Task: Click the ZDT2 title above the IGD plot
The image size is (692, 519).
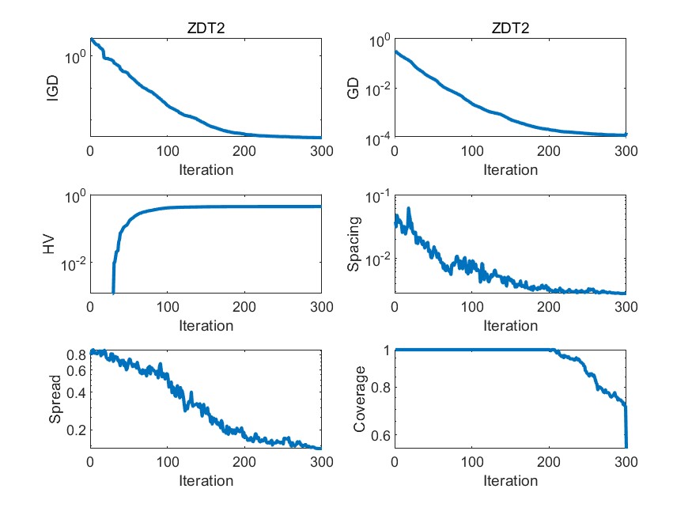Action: click(x=206, y=28)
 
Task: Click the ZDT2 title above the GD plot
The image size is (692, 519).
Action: click(x=510, y=28)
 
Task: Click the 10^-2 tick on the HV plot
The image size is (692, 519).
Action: click(x=70, y=263)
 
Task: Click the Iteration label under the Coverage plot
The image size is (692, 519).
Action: click(x=510, y=480)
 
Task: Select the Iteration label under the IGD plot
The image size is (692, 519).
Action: click(x=206, y=169)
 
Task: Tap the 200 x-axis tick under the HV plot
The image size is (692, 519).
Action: click(x=244, y=307)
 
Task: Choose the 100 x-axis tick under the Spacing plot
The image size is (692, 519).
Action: click(x=471, y=307)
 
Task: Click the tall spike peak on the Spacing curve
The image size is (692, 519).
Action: click(x=409, y=209)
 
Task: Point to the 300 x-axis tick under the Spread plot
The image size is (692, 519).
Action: click(x=321, y=462)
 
